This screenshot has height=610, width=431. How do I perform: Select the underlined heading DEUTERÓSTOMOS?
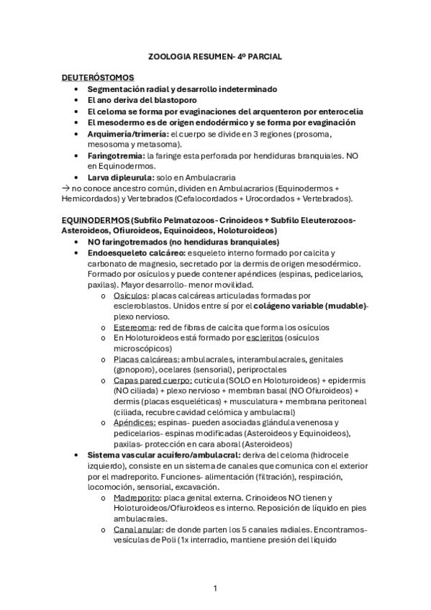click(x=97, y=78)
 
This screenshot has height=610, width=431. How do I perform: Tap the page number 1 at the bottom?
click(x=215, y=588)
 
